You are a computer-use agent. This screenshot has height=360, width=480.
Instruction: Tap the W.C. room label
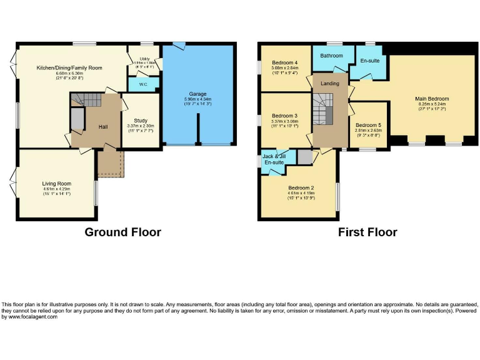point(142,84)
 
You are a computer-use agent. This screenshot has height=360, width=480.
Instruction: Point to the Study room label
point(140,121)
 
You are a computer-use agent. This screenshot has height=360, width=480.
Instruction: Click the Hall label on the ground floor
point(103,127)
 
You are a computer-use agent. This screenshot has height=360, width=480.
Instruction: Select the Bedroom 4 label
point(285,62)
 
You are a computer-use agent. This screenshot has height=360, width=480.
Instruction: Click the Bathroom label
point(331,56)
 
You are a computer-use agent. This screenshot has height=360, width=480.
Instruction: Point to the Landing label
point(330,83)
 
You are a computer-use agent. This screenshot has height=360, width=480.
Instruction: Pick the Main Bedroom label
point(432,99)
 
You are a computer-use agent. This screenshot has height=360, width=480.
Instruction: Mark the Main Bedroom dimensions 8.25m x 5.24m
point(432,104)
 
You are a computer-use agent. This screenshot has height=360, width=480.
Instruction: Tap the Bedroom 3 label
point(285,116)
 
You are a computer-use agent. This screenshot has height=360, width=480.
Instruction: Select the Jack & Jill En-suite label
point(274,159)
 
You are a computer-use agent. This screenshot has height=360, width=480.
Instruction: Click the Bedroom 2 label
point(301,187)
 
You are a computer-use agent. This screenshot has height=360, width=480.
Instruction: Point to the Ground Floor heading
point(122,232)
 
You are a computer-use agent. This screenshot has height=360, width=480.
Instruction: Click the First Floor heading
point(367,232)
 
